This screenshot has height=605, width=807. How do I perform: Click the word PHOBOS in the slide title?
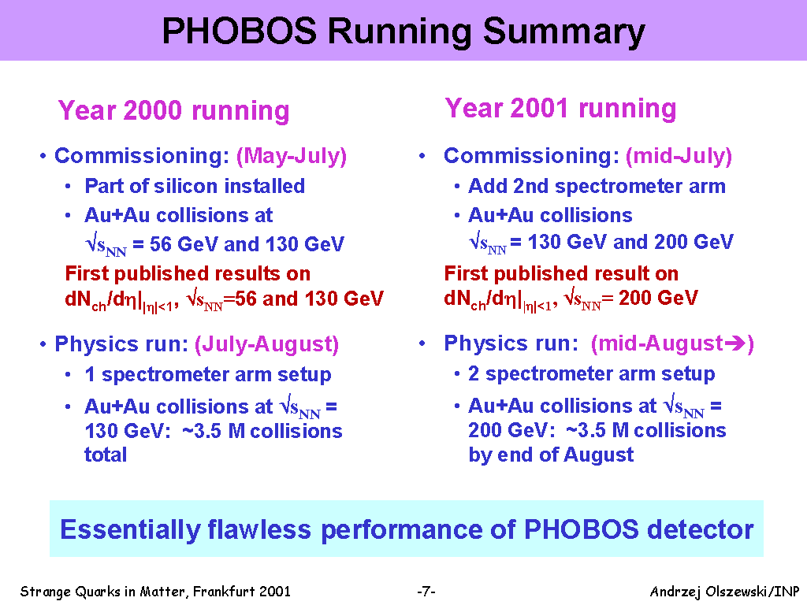tap(240, 31)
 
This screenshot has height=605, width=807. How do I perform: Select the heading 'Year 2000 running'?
tap(174, 110)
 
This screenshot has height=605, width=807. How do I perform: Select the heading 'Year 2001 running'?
tap(560, 109)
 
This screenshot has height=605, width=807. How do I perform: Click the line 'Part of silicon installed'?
tap(195, 186)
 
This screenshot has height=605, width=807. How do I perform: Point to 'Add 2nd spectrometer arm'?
tap(597, 187)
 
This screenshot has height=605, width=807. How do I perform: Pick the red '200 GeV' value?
tap(658, 298)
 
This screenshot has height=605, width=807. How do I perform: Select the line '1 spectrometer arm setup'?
tap(208, 375)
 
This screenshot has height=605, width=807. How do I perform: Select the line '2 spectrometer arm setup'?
tap(591, 374)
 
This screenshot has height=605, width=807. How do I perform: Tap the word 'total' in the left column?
tap(106, 455)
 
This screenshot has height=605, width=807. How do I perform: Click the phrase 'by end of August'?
tap(551, 455)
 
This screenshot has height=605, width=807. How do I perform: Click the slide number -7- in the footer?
tap(426, 592)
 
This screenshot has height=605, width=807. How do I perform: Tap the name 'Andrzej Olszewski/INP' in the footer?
tap(725, 592)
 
